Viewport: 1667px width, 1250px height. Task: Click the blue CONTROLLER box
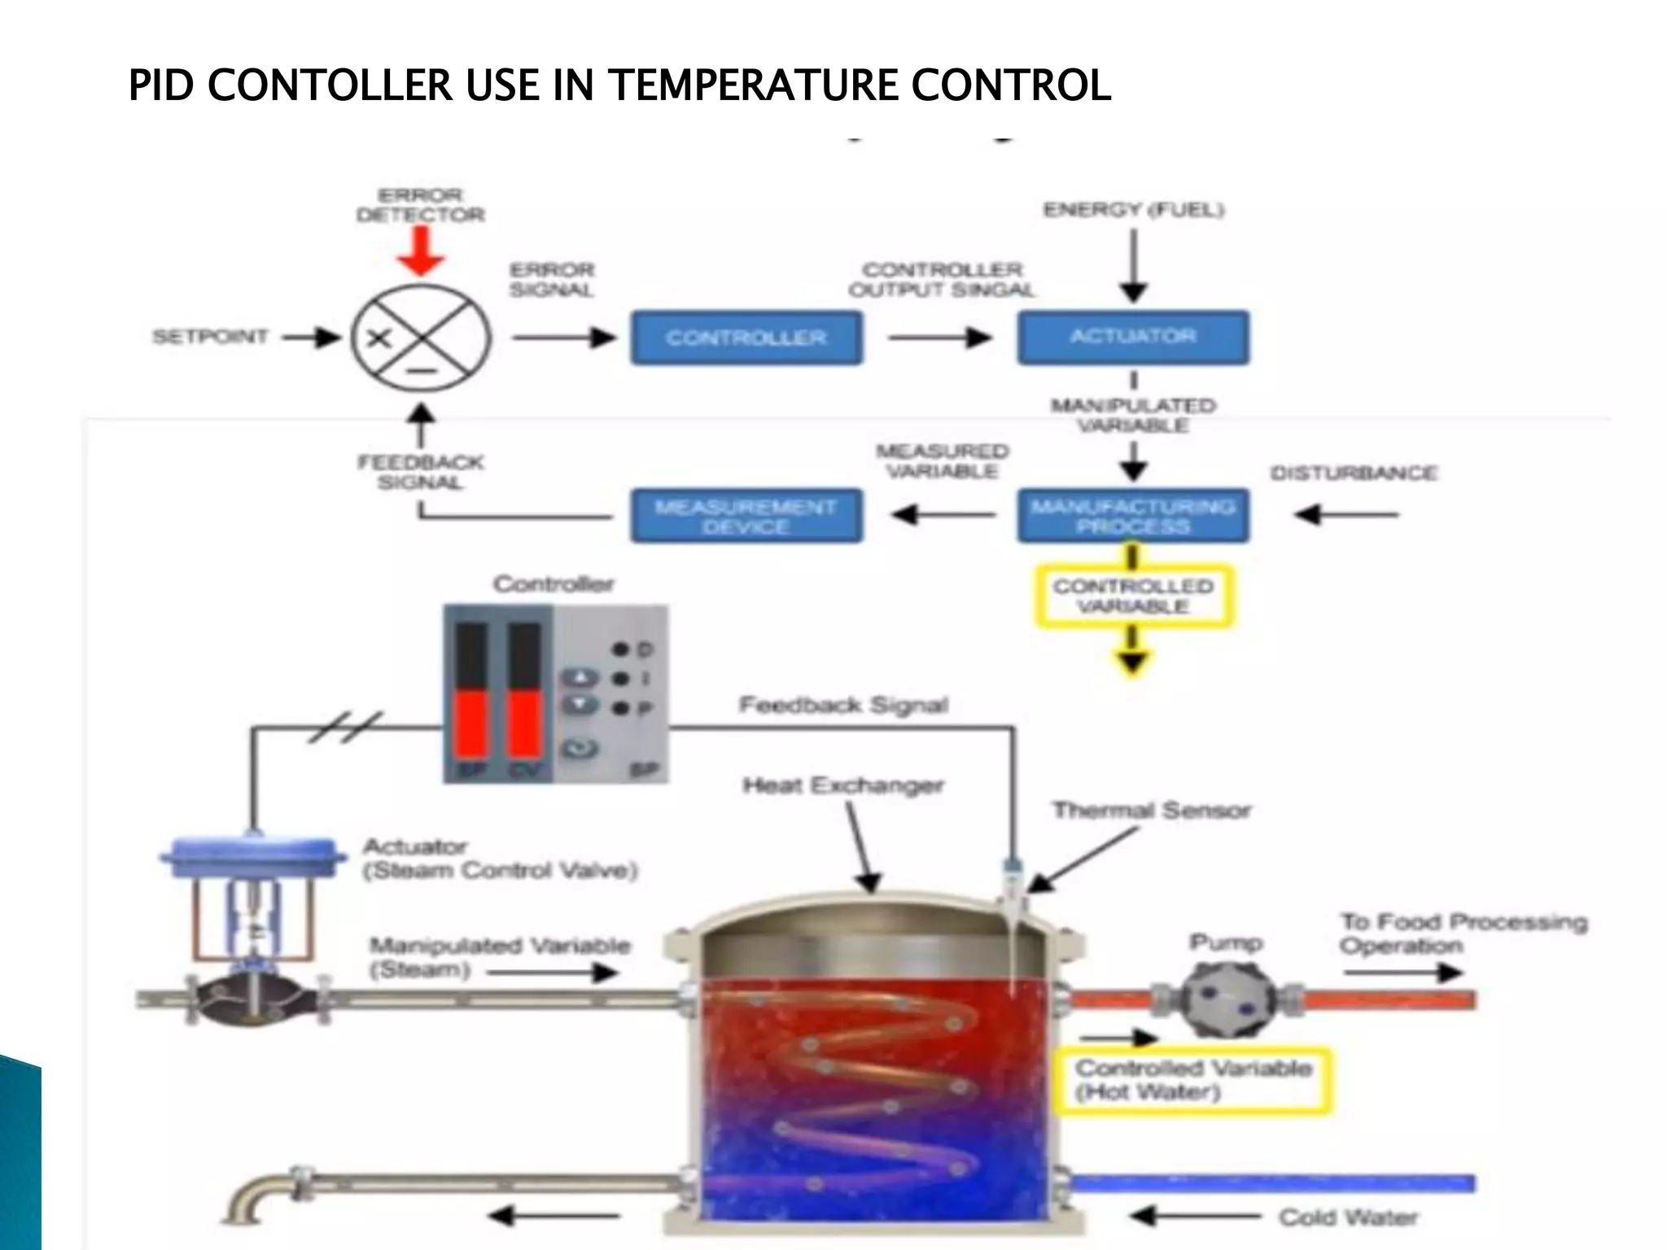coord(746,337)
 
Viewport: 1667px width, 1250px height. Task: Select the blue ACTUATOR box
coord(1132,336)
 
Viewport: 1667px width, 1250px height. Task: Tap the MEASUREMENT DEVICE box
coord(746,516)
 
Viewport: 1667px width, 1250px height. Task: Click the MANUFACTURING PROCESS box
coord(1132,515)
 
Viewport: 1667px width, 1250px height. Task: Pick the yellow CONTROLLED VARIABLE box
coord(1133,596)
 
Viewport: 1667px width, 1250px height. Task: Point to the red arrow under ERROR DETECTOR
coord(421,251)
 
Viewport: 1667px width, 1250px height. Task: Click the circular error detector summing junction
coord(421,338)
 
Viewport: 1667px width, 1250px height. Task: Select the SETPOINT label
coord(210,337)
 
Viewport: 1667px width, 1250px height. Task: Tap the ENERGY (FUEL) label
coord(1133,210)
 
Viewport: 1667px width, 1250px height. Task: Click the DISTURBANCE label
coord(1354,473)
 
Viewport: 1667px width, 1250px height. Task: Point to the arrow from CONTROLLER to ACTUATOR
coord(940,337)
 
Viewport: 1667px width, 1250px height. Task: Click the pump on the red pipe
coord(1227,1000)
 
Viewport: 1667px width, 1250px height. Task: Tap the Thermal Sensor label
coord(1151,811)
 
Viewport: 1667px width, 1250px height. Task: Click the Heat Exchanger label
coord(843,785)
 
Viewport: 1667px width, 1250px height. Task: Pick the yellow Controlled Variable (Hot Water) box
coord(1192,1080)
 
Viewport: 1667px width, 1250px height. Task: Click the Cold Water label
coord(1347,1217)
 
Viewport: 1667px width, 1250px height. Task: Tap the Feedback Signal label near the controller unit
coord(843,705)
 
